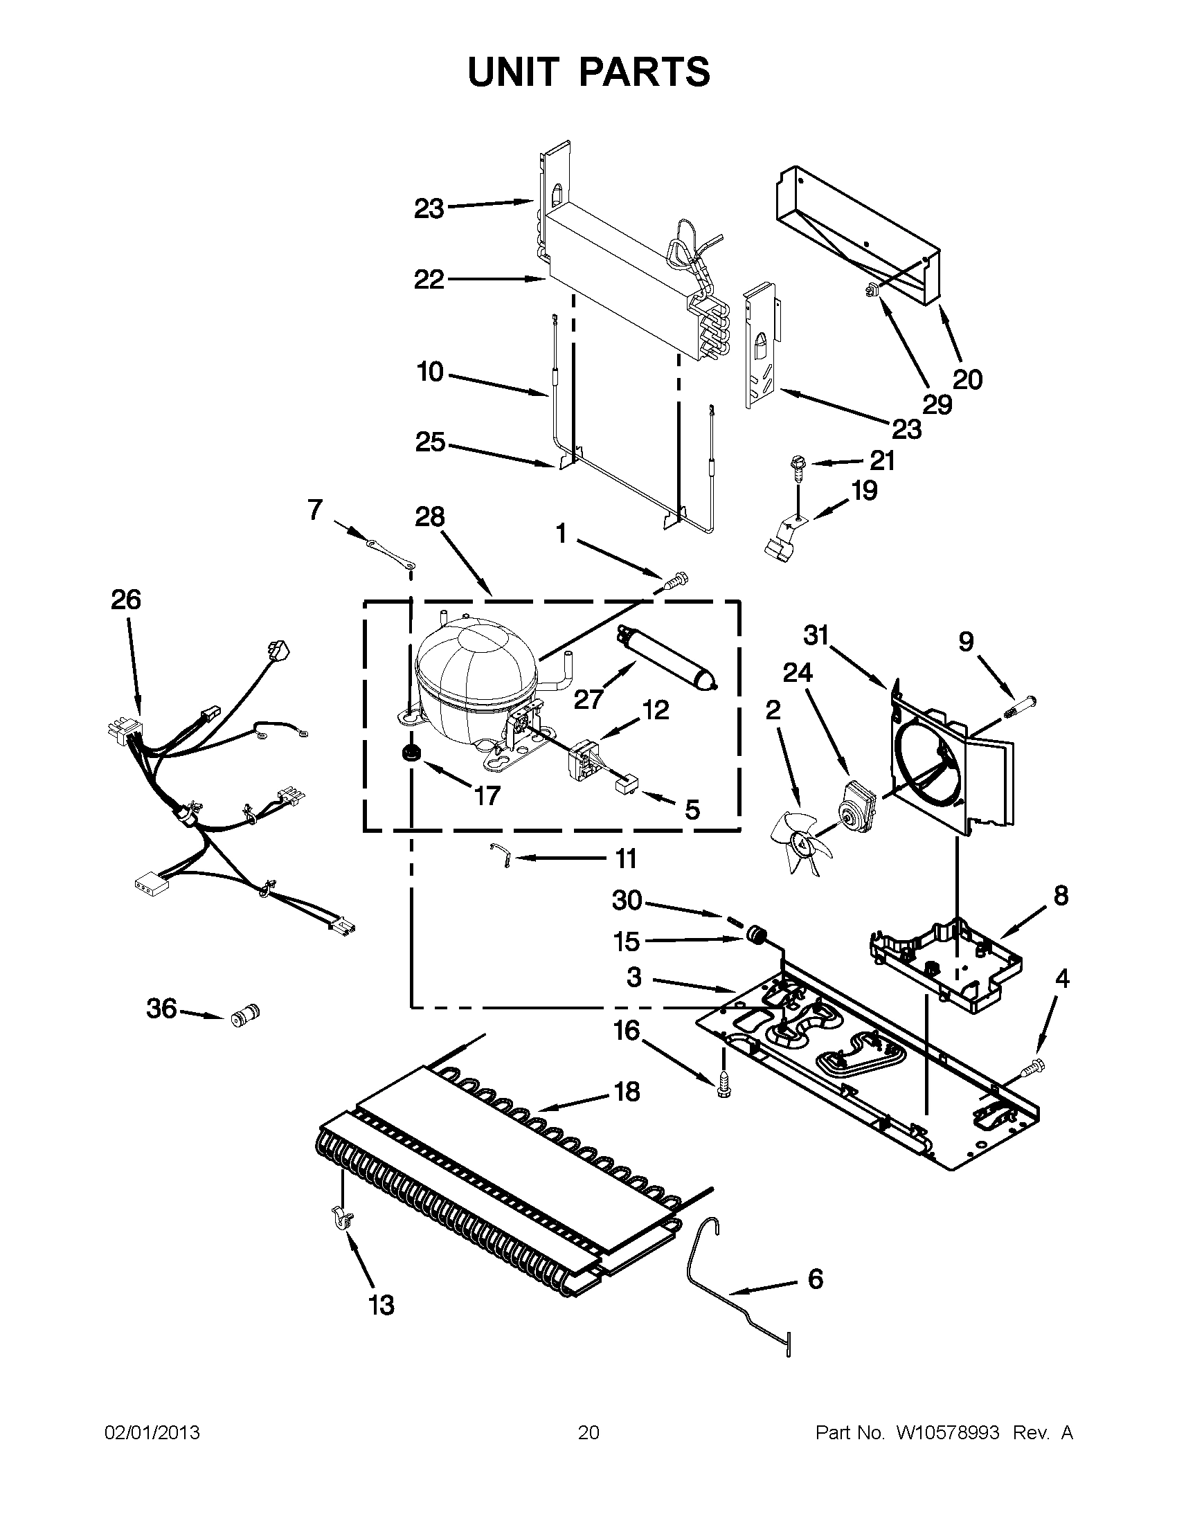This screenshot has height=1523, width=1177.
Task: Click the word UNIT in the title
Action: (x=514, y=72)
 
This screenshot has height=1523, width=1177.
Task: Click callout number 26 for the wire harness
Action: (x=125, y=600)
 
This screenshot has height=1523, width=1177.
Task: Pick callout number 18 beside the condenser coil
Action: (x=627, y=1091)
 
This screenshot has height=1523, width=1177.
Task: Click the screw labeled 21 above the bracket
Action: (x=797, y=466)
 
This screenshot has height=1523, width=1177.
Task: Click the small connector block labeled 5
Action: (x=627, y=785)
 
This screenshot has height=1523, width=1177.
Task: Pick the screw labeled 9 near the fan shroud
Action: (x=1021, y=705)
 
